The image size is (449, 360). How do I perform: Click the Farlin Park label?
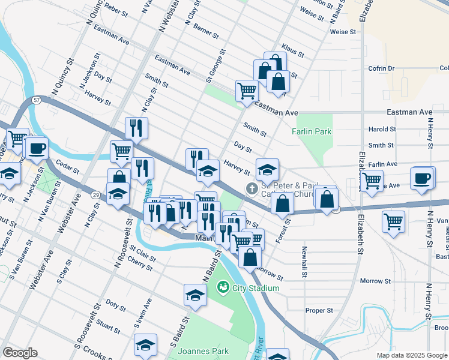click(312, 131)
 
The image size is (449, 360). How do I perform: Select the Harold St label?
click(382, 129)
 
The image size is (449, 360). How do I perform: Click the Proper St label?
click(319, 310)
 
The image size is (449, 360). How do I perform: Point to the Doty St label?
click(113, 305)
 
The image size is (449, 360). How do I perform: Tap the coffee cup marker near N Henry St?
click(422, 178)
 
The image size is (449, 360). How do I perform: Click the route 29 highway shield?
click(96, 195)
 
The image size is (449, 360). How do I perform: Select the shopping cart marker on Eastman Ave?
click(247, 91)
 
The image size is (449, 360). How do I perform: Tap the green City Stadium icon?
click(221, 288)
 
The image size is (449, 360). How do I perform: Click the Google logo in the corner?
click(19, 353)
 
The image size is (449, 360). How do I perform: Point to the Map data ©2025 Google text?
click(412, 355)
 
